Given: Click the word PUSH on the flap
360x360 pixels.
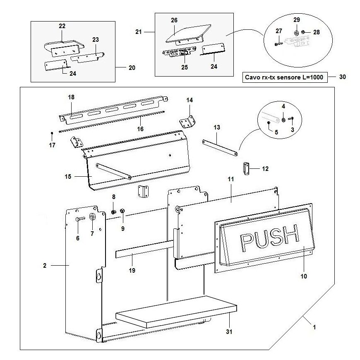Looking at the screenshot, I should pyautogui.click(x=269, y=239).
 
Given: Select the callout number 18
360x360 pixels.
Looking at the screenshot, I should pyautogui.click(x=71, y=96).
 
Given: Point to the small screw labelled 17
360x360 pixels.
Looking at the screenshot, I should pyautogui.click(x=51, y=133).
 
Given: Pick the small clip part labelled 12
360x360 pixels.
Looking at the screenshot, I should pyautogui.click(x=246, y=169).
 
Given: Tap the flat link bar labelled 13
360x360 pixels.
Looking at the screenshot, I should pyautogui.click(x=220, y=147).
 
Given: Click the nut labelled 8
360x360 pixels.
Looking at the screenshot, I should pyautogui.click(x=114, y=212).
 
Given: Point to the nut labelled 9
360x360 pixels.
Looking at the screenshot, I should pyautogui.click(x=122, y=212).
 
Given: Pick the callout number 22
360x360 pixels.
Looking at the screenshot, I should pyautogui.click(x=62, y=26).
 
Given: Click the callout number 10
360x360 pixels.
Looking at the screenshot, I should pyautogui.click(x=304, y=276).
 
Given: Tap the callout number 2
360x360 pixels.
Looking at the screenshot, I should pyautogui.click(x=45, y=265).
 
